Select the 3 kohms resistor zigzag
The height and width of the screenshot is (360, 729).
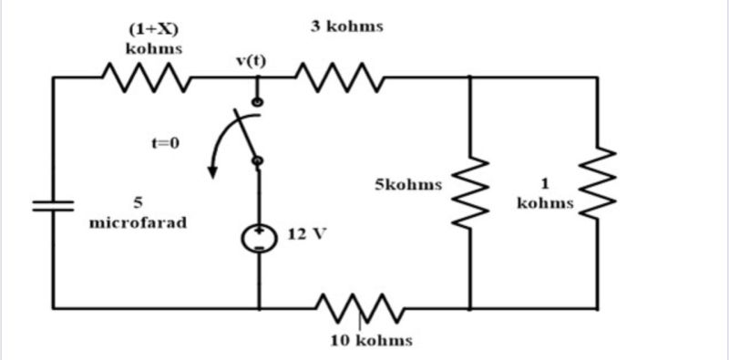(339, 77)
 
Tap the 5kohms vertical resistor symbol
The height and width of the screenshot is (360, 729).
(469, 191)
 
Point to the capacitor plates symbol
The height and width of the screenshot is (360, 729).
(54, 205)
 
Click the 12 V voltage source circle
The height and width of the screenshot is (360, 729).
(258, 238)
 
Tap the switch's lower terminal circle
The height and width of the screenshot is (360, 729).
(258, 160)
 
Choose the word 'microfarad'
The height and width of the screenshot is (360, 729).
(138, 221)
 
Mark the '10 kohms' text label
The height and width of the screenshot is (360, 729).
(370, 341)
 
